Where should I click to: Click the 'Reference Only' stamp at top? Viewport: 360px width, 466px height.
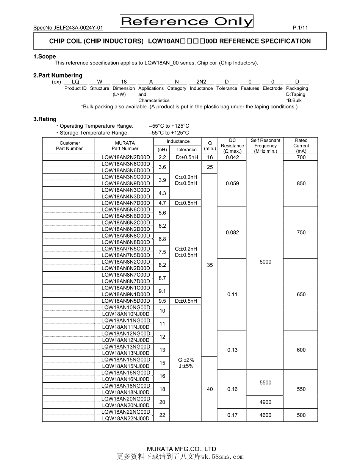point(186,22)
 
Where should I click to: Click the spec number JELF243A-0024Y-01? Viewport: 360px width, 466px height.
point(68,28)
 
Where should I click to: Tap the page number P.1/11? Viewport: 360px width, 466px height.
point(301,28)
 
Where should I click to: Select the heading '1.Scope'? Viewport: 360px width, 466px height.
point(44,56)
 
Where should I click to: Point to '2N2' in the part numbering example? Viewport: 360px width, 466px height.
point(201,82)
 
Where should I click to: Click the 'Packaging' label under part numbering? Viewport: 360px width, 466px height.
point(297,88)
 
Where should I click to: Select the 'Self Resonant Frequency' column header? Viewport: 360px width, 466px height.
point(265,146)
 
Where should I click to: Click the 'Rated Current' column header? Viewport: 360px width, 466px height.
point(301,146)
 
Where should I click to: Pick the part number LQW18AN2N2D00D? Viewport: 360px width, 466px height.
point(126,157)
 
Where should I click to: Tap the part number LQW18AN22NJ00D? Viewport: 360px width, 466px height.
point(126,418)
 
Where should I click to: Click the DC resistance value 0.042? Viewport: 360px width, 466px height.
point(232,157)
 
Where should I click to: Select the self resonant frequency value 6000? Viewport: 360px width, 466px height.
point(265,262)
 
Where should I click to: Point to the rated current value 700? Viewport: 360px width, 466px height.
point(301,157)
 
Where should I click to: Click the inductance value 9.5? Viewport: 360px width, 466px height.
point(162,301)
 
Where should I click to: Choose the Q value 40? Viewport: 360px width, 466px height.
point(210,389)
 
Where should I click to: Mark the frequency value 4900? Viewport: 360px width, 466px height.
point(265,402)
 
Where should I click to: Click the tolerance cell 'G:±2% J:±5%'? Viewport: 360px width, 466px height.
point(186,363)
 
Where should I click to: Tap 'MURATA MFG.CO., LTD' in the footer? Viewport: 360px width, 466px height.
point(181,449)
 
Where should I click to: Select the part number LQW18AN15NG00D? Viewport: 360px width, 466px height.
point(126,360)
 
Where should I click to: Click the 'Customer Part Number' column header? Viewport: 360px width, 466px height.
point(69,146)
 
